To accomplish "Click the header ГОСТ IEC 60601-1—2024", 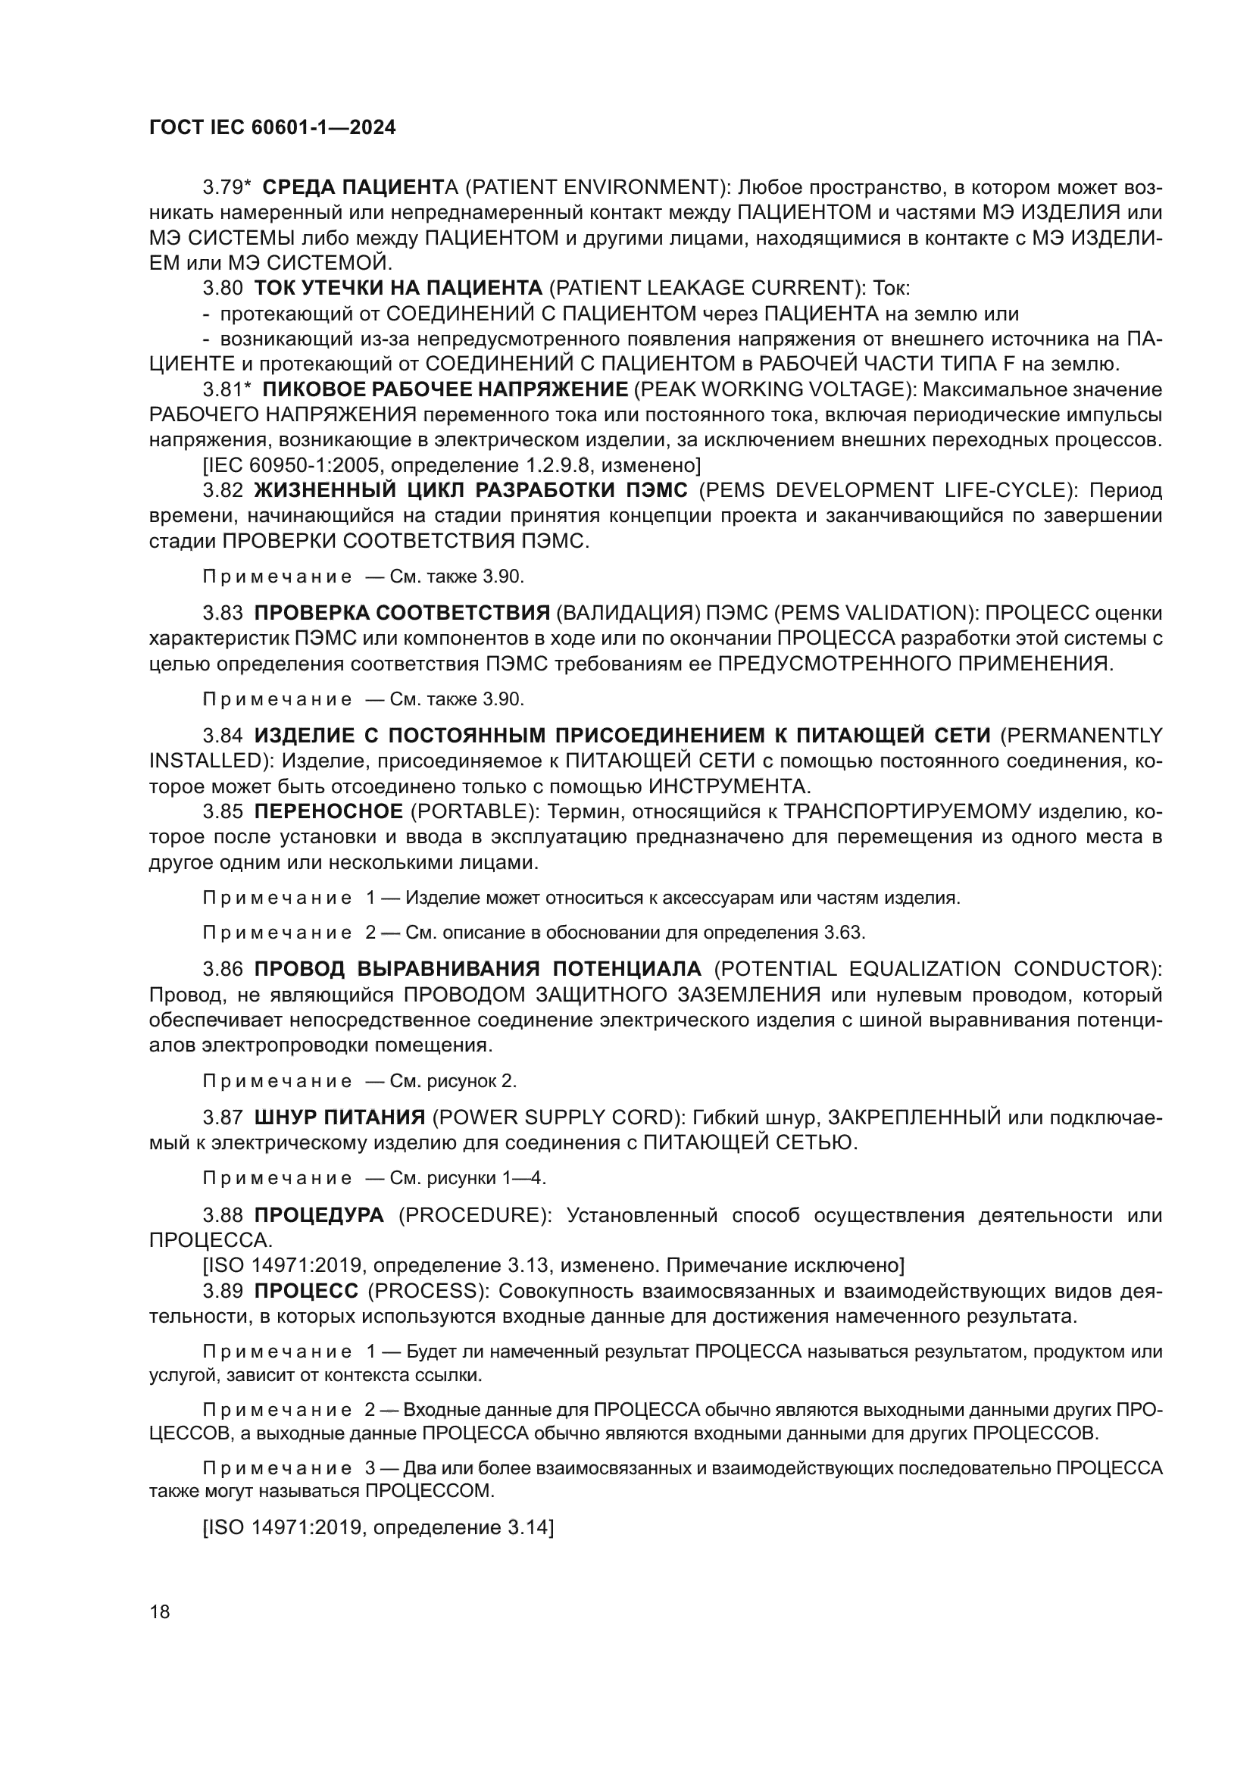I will (x=273, y=128).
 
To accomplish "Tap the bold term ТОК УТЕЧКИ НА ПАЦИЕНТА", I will (x=398, y=289).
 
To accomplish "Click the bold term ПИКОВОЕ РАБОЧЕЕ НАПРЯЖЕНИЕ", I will (x=445, y=389).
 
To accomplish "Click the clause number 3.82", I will (x=223, y=491).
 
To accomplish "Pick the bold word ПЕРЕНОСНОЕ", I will (x=329, y=812).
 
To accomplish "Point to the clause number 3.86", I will (x=223, y=969).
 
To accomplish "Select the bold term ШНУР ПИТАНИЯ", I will (x=339, y=1117).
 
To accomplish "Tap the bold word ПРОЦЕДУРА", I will (x=319, y=1214).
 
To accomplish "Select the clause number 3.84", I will (x=223, y=736).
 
